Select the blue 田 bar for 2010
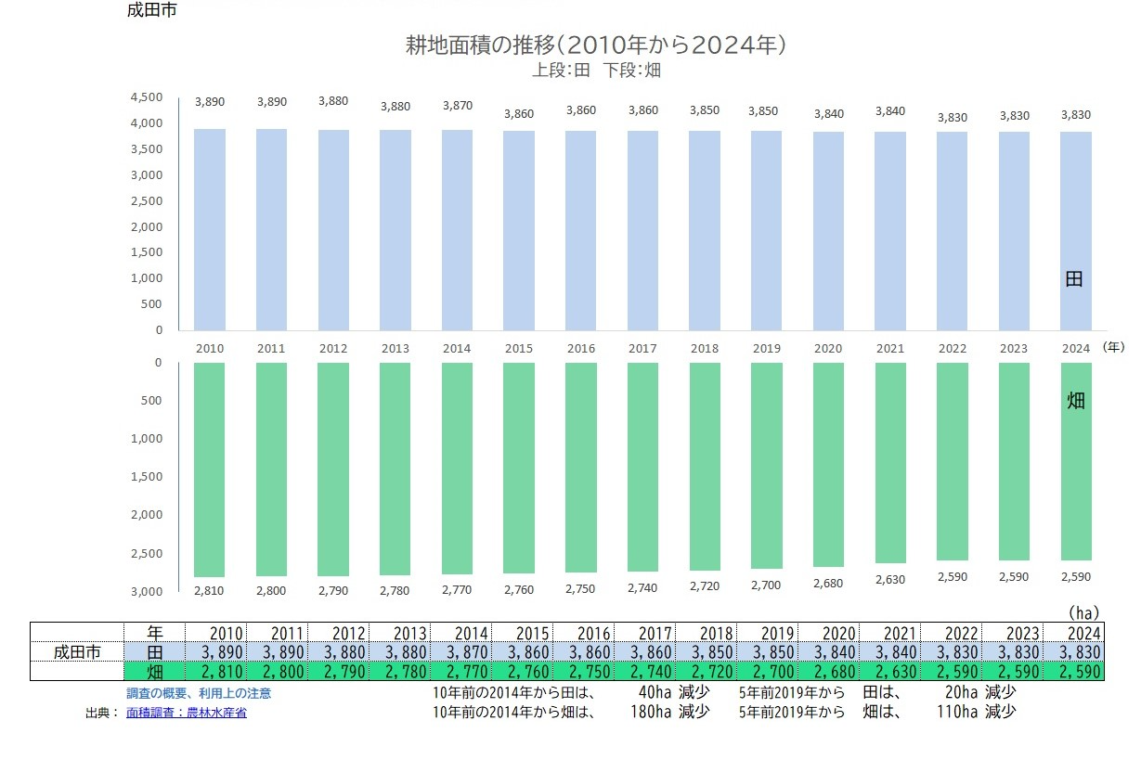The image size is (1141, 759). point(209,229)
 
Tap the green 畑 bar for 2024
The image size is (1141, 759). point(1075,461)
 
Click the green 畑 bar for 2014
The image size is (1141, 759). point(457,469)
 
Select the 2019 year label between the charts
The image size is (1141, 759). point(766,349)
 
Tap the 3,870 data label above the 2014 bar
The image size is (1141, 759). point(457,106)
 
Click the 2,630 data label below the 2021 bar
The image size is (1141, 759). point(889,580)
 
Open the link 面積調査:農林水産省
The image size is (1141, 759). point(187,713)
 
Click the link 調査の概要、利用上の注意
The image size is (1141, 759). point(199,693)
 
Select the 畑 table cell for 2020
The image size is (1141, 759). point(829,671)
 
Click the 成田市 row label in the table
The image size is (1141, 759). point(77,651)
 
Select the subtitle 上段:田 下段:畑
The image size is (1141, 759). point(592,70)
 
